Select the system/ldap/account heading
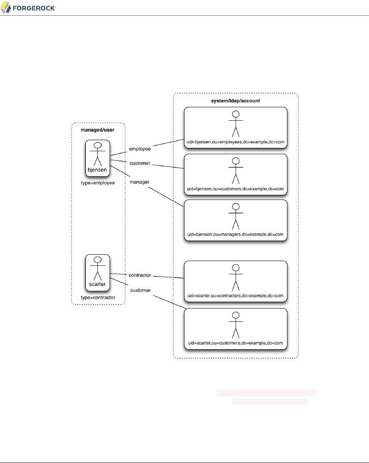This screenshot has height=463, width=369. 236,101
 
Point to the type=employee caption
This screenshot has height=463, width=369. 98,183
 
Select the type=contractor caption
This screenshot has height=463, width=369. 98,298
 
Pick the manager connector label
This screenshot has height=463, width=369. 140,182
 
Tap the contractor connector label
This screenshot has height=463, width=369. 140,275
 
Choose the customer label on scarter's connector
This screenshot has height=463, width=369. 140,290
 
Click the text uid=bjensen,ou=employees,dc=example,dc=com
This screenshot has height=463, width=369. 235,141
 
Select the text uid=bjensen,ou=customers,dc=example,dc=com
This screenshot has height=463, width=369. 235,189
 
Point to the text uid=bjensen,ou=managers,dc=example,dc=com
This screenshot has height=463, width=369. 235,234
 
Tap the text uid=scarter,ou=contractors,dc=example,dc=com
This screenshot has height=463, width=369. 235,295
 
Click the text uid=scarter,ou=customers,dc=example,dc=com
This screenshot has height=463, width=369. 235,343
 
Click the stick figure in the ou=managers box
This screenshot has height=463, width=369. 236,216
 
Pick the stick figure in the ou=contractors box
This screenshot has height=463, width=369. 236,277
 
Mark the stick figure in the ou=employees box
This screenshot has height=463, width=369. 236,123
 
